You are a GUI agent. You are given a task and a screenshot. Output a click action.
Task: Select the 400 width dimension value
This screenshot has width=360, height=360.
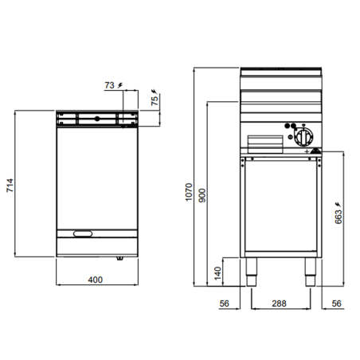click(95, 280)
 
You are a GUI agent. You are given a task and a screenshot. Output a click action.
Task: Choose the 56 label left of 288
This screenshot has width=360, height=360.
click(224, 303)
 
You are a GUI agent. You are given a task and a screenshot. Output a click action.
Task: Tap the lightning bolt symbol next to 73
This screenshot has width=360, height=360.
click(120, 85)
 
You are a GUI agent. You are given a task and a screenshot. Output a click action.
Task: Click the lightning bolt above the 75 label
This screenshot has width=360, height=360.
click(155, 89)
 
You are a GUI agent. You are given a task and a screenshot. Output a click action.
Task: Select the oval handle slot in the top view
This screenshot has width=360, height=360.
click(82, 233)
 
